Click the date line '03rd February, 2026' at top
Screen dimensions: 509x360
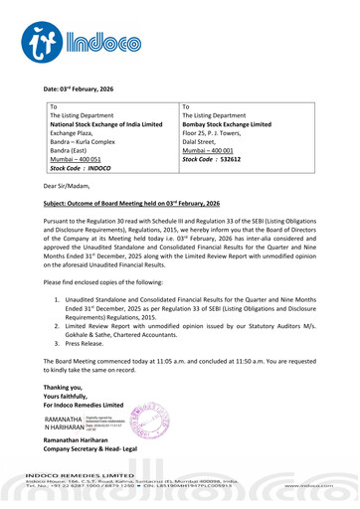95,89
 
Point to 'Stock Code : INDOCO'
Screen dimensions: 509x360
83,168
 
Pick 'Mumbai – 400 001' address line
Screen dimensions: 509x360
210,146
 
